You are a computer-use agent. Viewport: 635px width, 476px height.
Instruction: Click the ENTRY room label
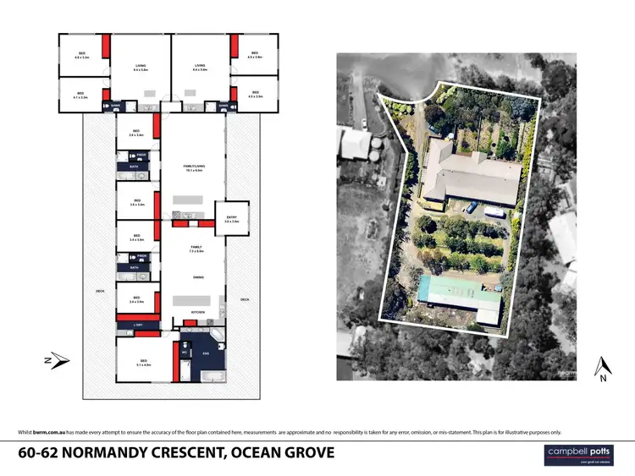231,219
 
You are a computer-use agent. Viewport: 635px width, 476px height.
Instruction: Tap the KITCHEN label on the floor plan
198,313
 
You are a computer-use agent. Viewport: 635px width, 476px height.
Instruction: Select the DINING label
197,276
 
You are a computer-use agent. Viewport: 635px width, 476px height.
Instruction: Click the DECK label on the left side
100,291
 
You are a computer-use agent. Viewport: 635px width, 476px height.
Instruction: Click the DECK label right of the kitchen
245,299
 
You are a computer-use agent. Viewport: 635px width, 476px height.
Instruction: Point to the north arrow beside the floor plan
54,360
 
